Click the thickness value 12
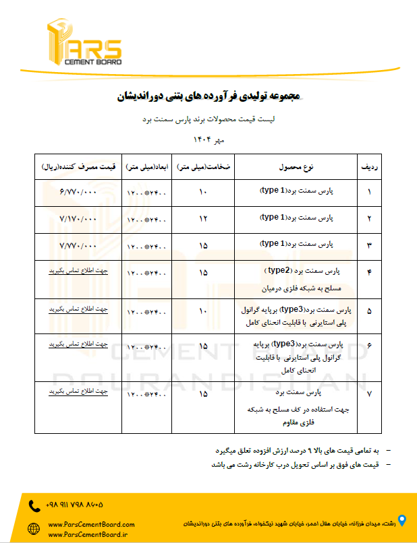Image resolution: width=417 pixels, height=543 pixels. [203, 219]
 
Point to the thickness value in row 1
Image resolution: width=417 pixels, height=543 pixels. [203, 192]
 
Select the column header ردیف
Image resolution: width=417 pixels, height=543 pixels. [370, 166]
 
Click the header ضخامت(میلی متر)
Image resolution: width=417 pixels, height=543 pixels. [204, 166]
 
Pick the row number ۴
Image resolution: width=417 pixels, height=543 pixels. [369, 271]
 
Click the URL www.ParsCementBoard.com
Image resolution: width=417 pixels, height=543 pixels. [92, 524]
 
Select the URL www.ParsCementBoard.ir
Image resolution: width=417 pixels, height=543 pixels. [88, 534]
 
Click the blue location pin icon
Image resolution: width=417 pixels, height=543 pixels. [402, 520]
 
